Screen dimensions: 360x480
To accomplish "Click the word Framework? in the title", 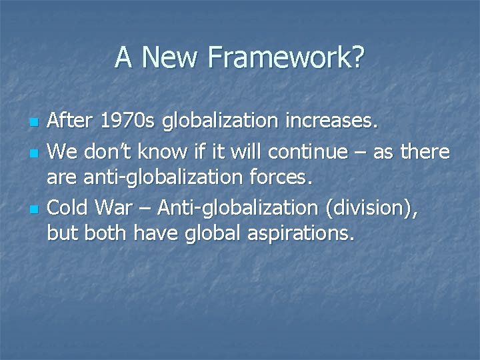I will coord(287,58).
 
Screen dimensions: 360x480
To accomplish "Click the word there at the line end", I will coord(425,151).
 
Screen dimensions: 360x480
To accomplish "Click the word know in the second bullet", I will coord(163,151).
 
